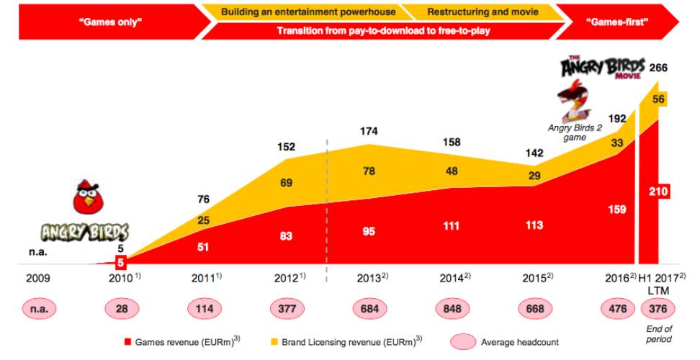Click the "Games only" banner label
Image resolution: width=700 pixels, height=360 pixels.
pyautogui.click(x=109, y=22)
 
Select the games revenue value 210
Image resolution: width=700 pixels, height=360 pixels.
pyautogui.click(x=659, y=192)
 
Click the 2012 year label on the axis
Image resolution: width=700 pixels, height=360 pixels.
pyautogui.click(x=287, y=278)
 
